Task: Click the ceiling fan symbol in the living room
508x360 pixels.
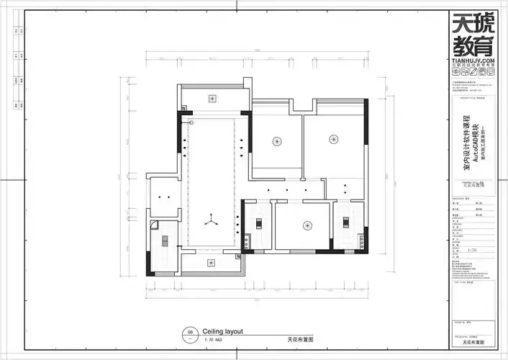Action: pyautogui.click(x=212, y=220)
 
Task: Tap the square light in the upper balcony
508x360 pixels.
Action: pyautogui.click(x=213, y=98)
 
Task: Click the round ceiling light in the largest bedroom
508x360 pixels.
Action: pyautogui.click(x=332, y=138)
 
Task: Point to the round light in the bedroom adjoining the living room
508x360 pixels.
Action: pyautogui.click(x=276, y=140)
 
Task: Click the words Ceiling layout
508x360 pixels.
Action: pyautogui.click(x=223, y=331)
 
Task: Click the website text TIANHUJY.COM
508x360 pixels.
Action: pyautogui.click(x=473, y=63)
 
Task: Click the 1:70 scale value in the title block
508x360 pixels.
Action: pyautogui.click(x=473, y=251)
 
